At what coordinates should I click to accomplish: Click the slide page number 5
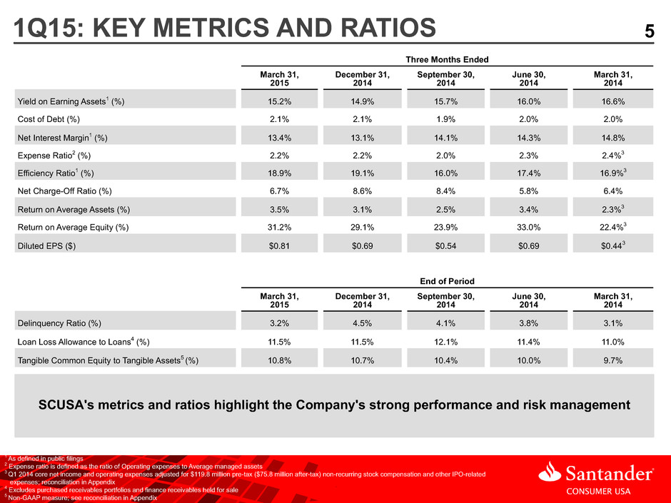click(x=649, y=31)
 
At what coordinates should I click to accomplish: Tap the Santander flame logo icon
click(x=550, y=471)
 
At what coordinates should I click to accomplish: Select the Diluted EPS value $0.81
click(x=279, y=246)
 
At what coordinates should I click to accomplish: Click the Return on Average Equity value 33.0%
click(x=528, y=228)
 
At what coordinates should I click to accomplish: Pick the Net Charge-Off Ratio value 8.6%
click(x=362, y=191)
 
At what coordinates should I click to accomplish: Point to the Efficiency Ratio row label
click(x=56, y=173)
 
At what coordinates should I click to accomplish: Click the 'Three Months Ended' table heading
click(x=447, y=59)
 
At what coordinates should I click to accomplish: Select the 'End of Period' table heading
click(x=447, y=281)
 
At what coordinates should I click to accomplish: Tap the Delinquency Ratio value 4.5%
click(x=362, y=323)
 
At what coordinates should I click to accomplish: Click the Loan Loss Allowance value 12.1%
click(x=445, y=342)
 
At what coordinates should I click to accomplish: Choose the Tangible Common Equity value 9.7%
click(x=612, y=360)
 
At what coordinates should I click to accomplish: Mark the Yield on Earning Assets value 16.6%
click(x=612, y=102)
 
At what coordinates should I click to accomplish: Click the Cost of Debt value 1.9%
click(x=445, y=119)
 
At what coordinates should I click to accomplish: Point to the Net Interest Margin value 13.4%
click(x=279, y=138)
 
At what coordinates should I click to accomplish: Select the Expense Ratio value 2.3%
click(x=528, y=156)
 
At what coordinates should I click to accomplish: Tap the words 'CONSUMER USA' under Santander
click(x=598, y=492)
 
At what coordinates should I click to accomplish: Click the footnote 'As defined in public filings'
click(x=46, y=459)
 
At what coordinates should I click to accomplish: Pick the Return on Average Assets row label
click(x=74, y=210)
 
